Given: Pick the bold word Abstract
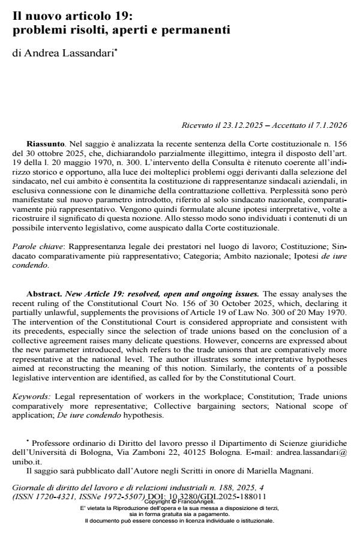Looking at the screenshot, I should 46,294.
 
